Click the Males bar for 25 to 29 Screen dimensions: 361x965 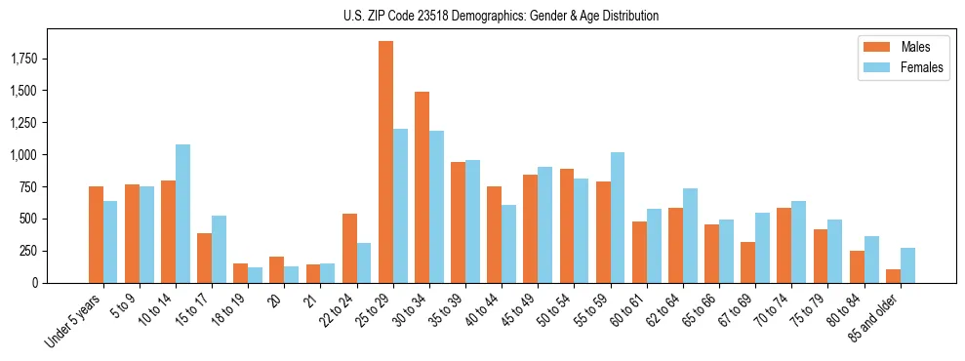pos(386,162)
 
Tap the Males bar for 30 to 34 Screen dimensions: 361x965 pos(422,187)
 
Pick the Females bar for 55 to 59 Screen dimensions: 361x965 pos(618,218)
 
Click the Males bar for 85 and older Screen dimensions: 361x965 pos(893,276)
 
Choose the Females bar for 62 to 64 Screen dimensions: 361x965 pos(690,235)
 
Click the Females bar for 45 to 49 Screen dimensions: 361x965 pos(545,224)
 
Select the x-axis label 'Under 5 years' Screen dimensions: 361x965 pos(74,318)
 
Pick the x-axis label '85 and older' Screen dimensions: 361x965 pos(875,316)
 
